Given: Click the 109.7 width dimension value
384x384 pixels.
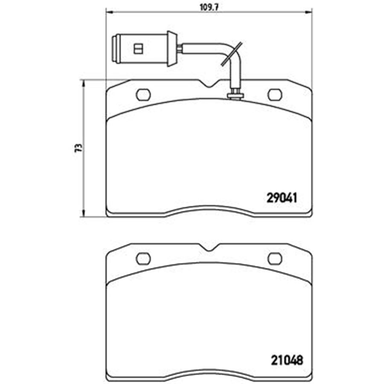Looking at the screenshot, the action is click(209, 8).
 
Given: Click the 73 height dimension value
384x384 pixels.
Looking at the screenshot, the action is click(79, 148).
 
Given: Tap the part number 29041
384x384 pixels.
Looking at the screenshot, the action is click(282, 198).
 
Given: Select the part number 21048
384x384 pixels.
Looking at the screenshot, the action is click(287, 360).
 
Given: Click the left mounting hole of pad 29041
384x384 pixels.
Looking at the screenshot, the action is click(143, 95).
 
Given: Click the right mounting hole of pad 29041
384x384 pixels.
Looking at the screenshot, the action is click(275, 95).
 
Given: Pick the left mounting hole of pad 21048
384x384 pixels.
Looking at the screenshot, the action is click(143, 259).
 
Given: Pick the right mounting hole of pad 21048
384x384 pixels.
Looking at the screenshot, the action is click(275, 259).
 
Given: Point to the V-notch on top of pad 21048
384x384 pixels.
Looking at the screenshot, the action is click(209, 247).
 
